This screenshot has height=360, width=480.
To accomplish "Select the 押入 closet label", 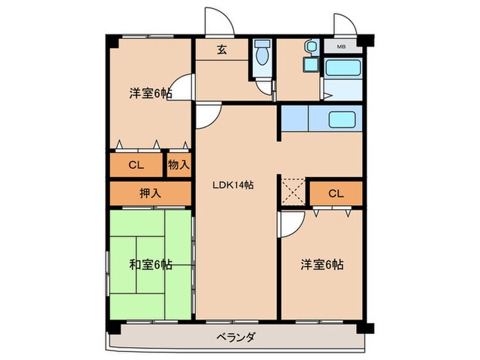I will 149,193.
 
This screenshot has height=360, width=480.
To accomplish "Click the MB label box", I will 340,47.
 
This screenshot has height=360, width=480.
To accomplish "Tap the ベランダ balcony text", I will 236,337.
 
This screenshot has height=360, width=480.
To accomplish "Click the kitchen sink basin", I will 341,119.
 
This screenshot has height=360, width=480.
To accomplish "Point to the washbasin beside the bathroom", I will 311,50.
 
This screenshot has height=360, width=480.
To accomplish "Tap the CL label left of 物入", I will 136,165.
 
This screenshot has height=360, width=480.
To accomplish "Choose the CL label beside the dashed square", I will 335,193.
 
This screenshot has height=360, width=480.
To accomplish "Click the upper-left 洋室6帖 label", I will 149,93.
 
